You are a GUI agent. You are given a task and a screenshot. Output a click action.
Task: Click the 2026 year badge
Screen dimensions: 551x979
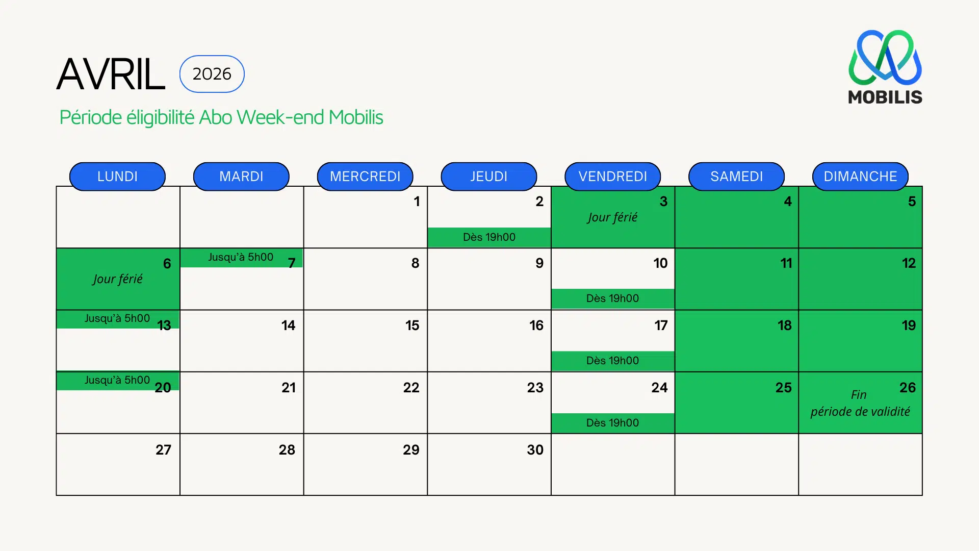[x=212, y=74]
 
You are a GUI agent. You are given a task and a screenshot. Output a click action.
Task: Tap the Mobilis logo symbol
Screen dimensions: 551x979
[x=885, y=57]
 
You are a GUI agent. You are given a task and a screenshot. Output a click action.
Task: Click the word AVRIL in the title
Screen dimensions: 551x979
[x=111, y=74]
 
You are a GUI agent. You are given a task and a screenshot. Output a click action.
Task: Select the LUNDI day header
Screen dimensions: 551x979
[x=117, y=177]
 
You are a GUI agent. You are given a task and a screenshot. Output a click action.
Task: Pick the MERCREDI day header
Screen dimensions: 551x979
[x=365, y=177]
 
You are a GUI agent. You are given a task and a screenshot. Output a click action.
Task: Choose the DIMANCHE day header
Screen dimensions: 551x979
[x=860, y=177]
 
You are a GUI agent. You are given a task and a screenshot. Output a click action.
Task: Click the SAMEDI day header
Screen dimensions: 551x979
[x=736, y=177]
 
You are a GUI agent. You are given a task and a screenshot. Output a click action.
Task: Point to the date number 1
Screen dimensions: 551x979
[x=417, y=202]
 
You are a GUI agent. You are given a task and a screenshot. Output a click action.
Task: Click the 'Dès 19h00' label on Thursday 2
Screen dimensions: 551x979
[x=489, y=237]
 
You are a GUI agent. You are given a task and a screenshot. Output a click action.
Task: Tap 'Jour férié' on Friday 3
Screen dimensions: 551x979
[x=612, y=217]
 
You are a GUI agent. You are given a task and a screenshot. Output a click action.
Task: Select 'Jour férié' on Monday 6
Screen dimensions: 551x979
[x=117, y=279]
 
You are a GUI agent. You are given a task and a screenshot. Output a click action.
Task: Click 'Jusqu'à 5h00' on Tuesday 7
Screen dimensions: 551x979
[x=241, y=257]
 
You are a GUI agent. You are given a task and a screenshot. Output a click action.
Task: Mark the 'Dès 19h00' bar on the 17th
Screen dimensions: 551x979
[x=612, y=361]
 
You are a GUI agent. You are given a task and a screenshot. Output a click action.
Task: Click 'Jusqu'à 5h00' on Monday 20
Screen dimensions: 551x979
[x=117, y=380]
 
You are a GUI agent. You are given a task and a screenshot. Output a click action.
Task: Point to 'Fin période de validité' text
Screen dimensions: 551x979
[x=860, y=404]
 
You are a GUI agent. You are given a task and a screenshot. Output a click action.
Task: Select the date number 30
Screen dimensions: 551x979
[x=535, y=450]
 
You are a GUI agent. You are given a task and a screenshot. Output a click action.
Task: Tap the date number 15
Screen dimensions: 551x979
[x=412, y=325]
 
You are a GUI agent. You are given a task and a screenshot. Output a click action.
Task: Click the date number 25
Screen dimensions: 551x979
[x=783, y=388]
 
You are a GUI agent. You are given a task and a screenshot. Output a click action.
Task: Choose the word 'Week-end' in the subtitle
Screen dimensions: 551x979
[x=280, y=117]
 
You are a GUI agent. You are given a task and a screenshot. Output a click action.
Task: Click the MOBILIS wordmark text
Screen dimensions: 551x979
[x=885, y=97]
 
